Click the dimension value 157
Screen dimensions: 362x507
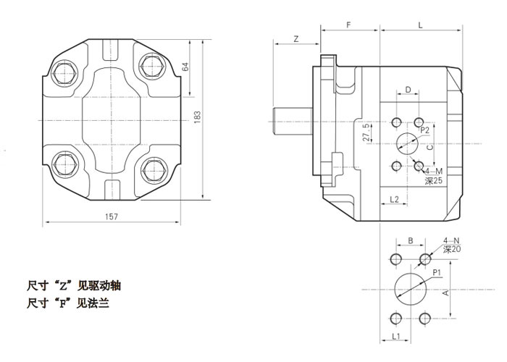tap(112, 216)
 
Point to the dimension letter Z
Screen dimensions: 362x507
tap(296, 38)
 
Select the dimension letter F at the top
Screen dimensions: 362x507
tap(349, 25)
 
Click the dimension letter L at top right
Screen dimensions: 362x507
tap(421, 25)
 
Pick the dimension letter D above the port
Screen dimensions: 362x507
tap(408, 90)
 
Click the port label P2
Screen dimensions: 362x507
tap(425, 130)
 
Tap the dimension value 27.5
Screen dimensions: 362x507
tap(366, 134)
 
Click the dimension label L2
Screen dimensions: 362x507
tap(395, 198)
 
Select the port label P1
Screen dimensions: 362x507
tap(437, 272)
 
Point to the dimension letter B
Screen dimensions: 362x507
tap(409, 240)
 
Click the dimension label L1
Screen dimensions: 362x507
tap(396, 337)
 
